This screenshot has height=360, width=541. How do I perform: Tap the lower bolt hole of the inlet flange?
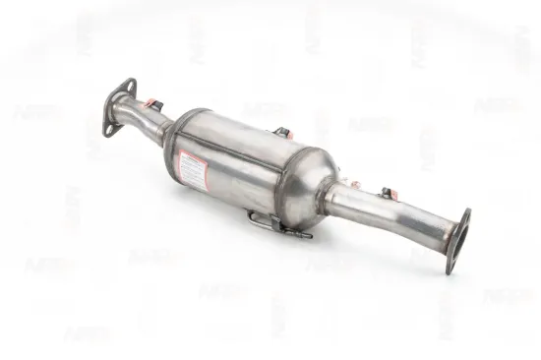108,127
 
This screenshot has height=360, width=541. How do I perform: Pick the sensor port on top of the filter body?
283,132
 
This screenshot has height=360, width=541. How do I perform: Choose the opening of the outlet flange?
458,239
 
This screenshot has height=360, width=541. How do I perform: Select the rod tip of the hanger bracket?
306,235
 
